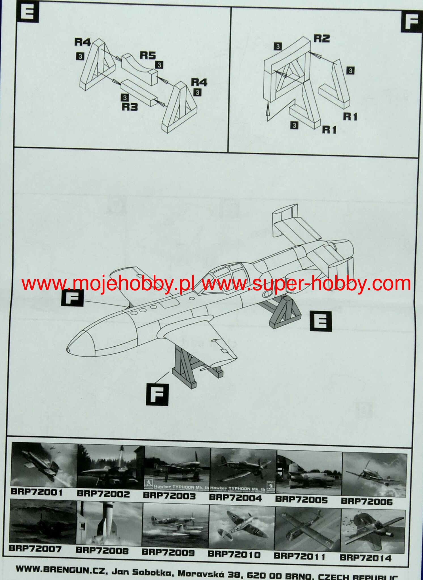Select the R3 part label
[130, 107]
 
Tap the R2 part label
[322, 38]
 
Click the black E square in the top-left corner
[28, 12]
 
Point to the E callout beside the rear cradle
[321, 321]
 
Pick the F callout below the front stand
[157, 395]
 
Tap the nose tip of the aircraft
[68, 350]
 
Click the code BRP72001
[37, 492]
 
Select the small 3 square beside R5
[159, 65]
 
